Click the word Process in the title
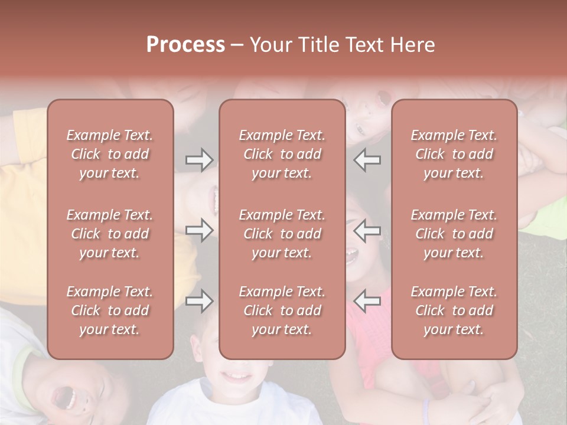[185, 45]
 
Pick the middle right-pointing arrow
[199, 230]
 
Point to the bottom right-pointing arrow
[199, 301]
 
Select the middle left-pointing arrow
[367, 230]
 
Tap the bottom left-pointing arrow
[367, 301]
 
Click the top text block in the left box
[110, 154]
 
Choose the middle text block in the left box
[110, 234]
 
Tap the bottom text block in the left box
[110, 310]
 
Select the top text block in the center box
[282, 154]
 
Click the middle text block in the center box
[282, 234]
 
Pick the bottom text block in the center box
[282, 310]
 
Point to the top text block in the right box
[454, 154]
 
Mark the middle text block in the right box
[454, 234]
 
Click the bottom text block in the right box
[454, 310]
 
